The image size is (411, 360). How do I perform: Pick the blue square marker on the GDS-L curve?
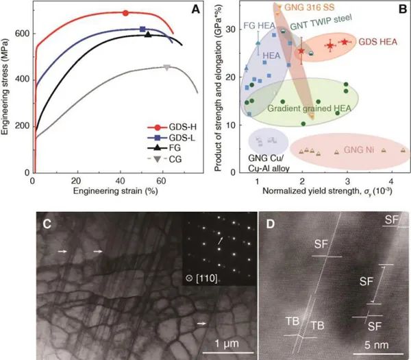(142, 29)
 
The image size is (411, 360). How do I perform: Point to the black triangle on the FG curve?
(149, 34)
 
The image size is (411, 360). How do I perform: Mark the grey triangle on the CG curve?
(166, 67)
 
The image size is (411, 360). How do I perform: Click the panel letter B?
(401, 9)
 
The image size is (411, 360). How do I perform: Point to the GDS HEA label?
(380, 40)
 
